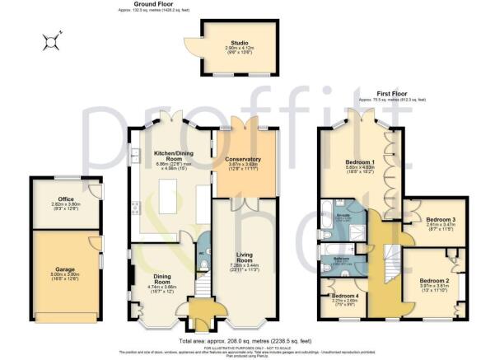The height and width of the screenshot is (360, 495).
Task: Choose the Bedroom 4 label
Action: point(344,298)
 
